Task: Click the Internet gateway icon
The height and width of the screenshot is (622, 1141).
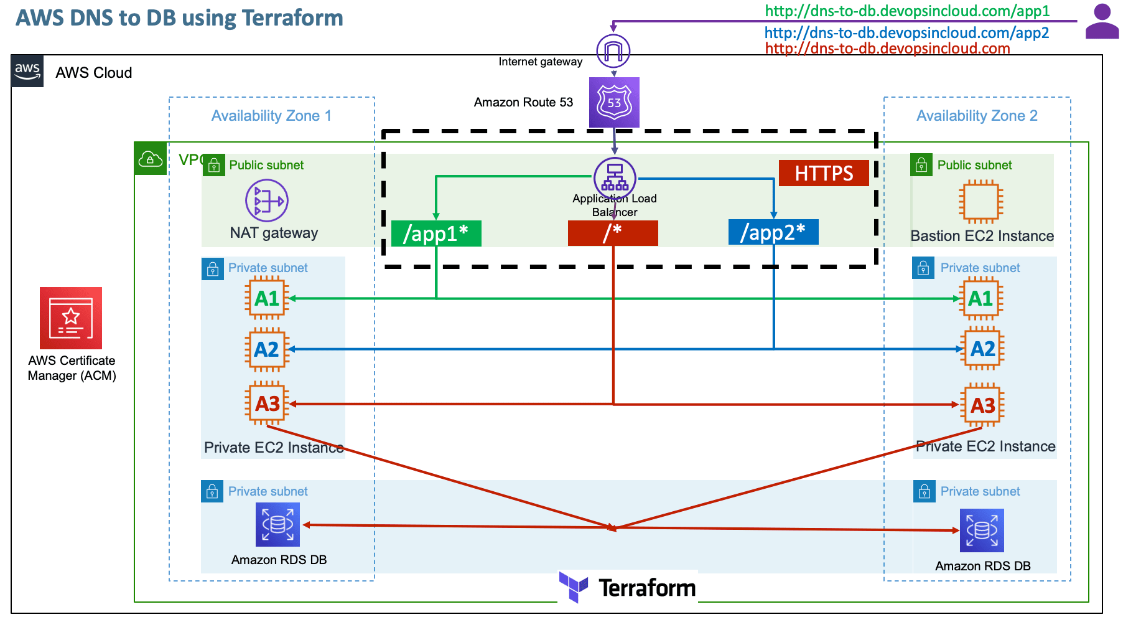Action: [613, 51]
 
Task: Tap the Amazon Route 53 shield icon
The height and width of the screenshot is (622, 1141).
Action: [614, 102]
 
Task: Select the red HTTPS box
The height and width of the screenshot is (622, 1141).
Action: [824, 173]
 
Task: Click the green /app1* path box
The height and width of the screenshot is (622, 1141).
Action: [436, 233]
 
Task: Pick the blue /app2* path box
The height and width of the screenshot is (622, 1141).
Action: [773, 232]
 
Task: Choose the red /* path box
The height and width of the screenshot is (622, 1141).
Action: [613, 233]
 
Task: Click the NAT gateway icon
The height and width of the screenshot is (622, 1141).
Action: [267, 200]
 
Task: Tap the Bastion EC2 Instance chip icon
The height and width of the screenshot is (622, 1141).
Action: [981, 202]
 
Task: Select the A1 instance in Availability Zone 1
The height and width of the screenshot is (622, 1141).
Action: [267, 298]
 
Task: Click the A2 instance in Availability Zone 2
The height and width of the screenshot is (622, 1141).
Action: [982, 349]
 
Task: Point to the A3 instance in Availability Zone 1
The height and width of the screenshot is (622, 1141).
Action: [268, 403]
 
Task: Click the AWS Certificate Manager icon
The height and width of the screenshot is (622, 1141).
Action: [71, 318]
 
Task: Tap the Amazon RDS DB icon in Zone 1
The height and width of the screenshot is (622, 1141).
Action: [277, 524]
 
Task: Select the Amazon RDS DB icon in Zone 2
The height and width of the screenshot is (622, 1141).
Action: [982, 530]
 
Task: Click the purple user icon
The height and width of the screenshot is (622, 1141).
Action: [1102, 22]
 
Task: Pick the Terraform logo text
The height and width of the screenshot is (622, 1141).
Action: [646, 588]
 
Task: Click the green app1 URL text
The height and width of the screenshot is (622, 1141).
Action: [907, 11]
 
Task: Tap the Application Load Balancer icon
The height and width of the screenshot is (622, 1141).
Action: [615, 178]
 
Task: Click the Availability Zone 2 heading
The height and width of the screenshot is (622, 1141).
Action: [977, 116]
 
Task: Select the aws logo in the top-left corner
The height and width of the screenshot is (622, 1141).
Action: [27, 71]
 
